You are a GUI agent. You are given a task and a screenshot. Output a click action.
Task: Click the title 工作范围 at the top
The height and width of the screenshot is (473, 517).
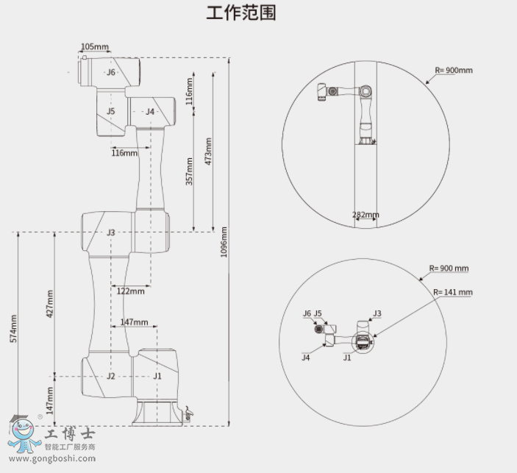tap(241, 13)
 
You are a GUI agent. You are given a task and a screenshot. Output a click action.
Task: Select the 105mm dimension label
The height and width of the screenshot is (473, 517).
tap(94, 47)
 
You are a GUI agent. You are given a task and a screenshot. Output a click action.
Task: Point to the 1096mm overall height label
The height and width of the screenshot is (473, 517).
tap(224, 241)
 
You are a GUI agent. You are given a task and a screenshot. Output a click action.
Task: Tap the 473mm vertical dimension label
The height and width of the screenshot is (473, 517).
tap(209, 151)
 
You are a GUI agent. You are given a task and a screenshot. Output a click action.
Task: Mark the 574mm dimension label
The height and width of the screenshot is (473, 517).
tap(13, 329)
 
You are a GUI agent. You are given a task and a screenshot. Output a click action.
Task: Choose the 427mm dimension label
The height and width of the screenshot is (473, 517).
tap(50, 303)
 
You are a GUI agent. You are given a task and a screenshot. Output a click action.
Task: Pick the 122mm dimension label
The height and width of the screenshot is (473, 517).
tap(131, 291)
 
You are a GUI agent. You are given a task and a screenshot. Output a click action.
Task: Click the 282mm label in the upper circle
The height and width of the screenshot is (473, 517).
tap(366, 216)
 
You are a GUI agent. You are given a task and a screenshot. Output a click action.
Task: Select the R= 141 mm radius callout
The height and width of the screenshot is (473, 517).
tap(452, 292)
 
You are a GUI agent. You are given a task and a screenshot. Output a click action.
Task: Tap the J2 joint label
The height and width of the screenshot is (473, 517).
tap(110, 376)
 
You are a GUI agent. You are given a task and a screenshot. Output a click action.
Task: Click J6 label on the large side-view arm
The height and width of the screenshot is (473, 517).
tap(111, 72)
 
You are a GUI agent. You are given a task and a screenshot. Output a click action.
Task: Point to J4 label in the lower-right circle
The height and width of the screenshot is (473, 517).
tap(305, 358)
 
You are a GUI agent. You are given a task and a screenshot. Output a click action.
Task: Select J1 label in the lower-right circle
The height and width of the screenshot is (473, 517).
tap(347, 358)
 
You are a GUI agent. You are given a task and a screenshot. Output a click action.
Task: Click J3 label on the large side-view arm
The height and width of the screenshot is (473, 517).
tap(110, 232)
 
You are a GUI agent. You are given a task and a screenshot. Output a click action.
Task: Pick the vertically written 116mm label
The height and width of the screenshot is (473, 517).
tap(189, 90)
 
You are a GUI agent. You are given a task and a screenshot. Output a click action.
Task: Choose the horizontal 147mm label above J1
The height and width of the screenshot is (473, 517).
tap(134, 322)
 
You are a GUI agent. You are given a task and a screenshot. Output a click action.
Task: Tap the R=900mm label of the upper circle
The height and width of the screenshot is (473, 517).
tap(454, 70)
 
